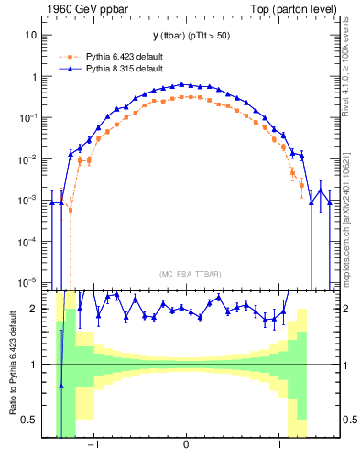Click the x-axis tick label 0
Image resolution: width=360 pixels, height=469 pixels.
point(186,446)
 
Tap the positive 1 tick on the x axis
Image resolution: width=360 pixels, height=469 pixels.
point(278,446)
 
